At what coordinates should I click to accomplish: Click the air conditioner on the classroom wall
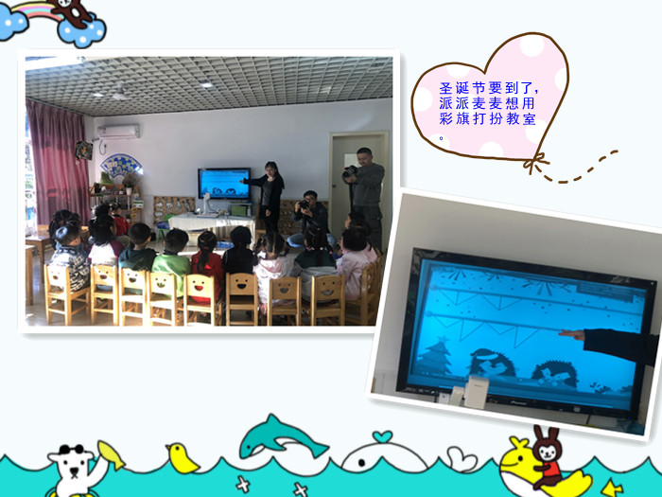click(x=118, y=131)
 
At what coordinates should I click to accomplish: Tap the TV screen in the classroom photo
click(x=224, y=184)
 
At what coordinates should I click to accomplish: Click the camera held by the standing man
click(x=350, y=170)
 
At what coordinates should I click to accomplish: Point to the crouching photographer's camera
click(x=304, y=205)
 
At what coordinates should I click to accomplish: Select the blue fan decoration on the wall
click(x=121, y=165)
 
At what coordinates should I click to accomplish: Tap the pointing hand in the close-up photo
click(x=571, y=335)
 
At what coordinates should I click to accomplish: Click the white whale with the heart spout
click(x=384, y=455)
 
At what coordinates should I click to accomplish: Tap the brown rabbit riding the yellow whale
click(x=548, y=458)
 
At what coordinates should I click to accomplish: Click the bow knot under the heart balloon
click(x=535, y=163)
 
